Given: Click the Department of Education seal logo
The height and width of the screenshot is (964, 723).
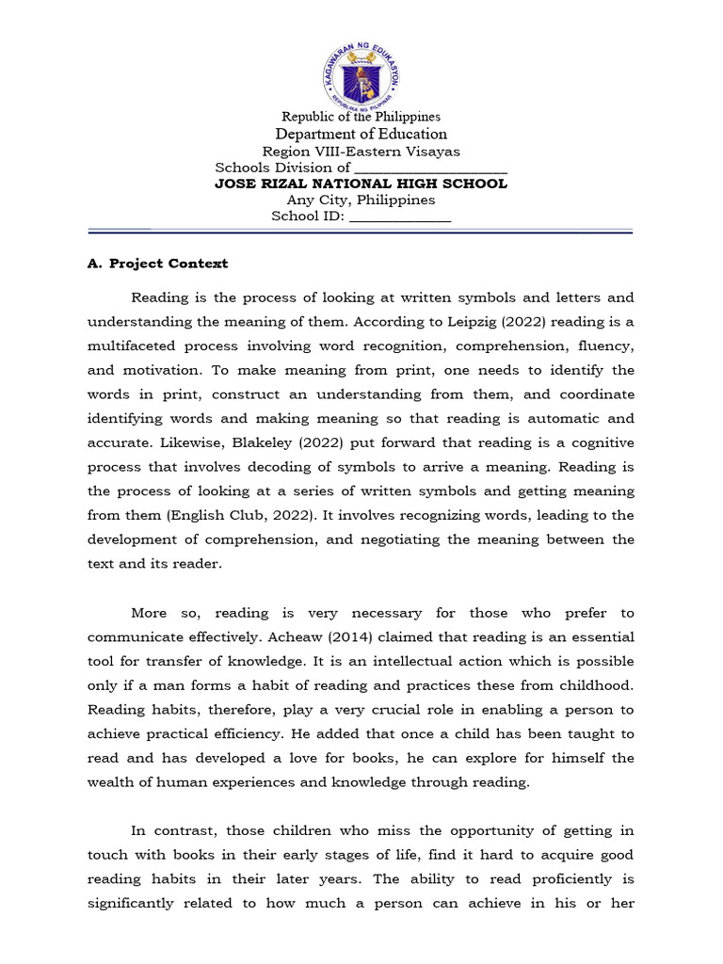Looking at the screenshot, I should pyautogui.click(x=361, y=72).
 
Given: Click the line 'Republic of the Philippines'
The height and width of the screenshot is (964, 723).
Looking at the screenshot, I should pyautogui.click(x=361, y=117).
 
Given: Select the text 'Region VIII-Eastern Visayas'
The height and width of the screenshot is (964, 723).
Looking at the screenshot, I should pyautogui.click(x=361, y=152).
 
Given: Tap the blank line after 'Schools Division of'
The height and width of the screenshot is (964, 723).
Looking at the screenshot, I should pyautogui.click(x=430, y=169).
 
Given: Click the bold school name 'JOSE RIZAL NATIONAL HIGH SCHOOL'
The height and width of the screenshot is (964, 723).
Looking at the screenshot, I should pyautogui.click(x=361, y=184).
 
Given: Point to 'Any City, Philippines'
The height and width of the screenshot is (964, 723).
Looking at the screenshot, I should pyautogui.click(x=361, y=200).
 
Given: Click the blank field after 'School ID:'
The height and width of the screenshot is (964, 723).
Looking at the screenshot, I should pyautogui.click(x=400, y=217).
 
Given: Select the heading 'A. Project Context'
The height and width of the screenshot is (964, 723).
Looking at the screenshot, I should pyautogui.click(x=157, y=264).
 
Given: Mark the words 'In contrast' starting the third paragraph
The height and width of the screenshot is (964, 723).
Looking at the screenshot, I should pyautogui.click(x=167, y=830).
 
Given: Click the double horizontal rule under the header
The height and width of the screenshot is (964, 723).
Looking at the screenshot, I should pyautogui.click(x=361, y=231).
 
